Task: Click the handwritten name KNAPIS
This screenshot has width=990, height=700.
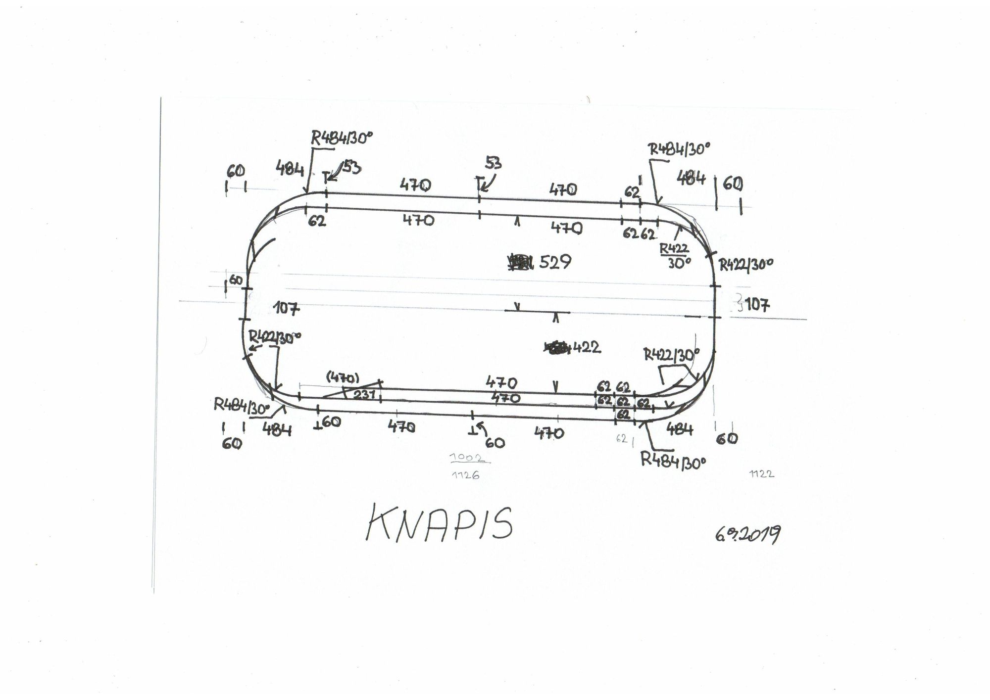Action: (440, 523)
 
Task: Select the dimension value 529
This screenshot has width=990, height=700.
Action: (555, 262)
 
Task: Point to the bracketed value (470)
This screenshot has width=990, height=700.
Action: (343, 378)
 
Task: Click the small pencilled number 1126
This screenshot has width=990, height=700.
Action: (466, 475)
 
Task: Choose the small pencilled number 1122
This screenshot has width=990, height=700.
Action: (761, 474)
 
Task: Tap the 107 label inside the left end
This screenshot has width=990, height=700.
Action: (287, 308)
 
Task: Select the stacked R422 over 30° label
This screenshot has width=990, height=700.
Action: (675, 256)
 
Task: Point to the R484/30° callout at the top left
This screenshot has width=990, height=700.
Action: (341, 138)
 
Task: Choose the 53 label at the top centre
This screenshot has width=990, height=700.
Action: (493, 163)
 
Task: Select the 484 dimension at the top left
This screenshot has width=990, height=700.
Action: (290, 169)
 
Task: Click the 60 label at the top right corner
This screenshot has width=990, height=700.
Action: (733, 184)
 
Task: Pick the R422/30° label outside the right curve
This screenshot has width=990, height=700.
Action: (745, 265)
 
